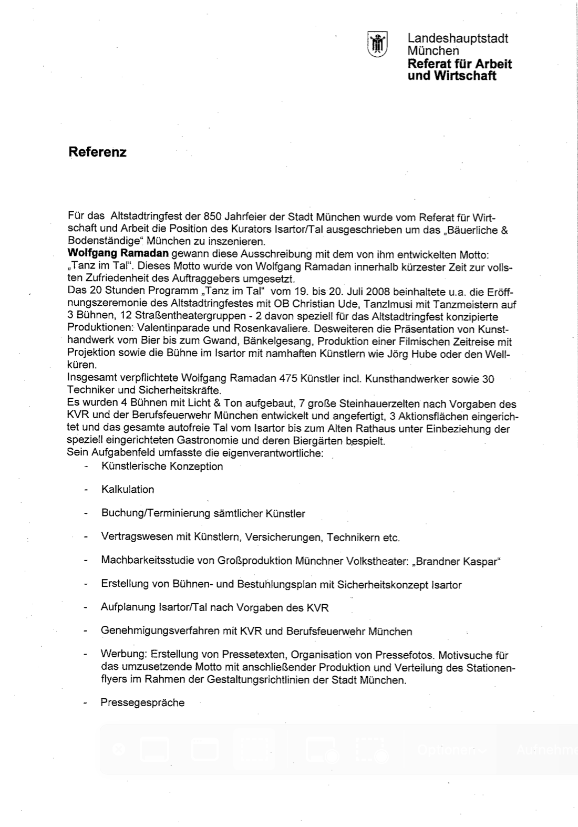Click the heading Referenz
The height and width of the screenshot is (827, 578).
coord(97,152)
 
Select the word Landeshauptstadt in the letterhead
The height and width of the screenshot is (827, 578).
coord(458,38)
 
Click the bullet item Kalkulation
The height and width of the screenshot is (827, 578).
coord(128,490)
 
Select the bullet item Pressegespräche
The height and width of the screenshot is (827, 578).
coord(142,703)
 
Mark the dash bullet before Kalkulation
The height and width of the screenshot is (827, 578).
coord(85,490)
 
